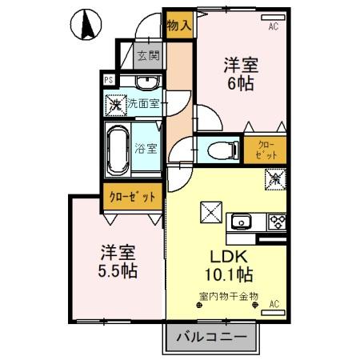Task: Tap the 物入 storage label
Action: click(178, 24)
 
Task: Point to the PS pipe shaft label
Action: click(109, 79)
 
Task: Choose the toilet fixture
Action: click(220, 149)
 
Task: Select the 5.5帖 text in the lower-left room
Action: click(118, 270)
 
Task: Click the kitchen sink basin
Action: click(242, 222)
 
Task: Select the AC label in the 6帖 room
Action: click(274, 26)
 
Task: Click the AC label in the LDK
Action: click(274, 305)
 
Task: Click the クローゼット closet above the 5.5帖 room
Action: click(133, 196)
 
